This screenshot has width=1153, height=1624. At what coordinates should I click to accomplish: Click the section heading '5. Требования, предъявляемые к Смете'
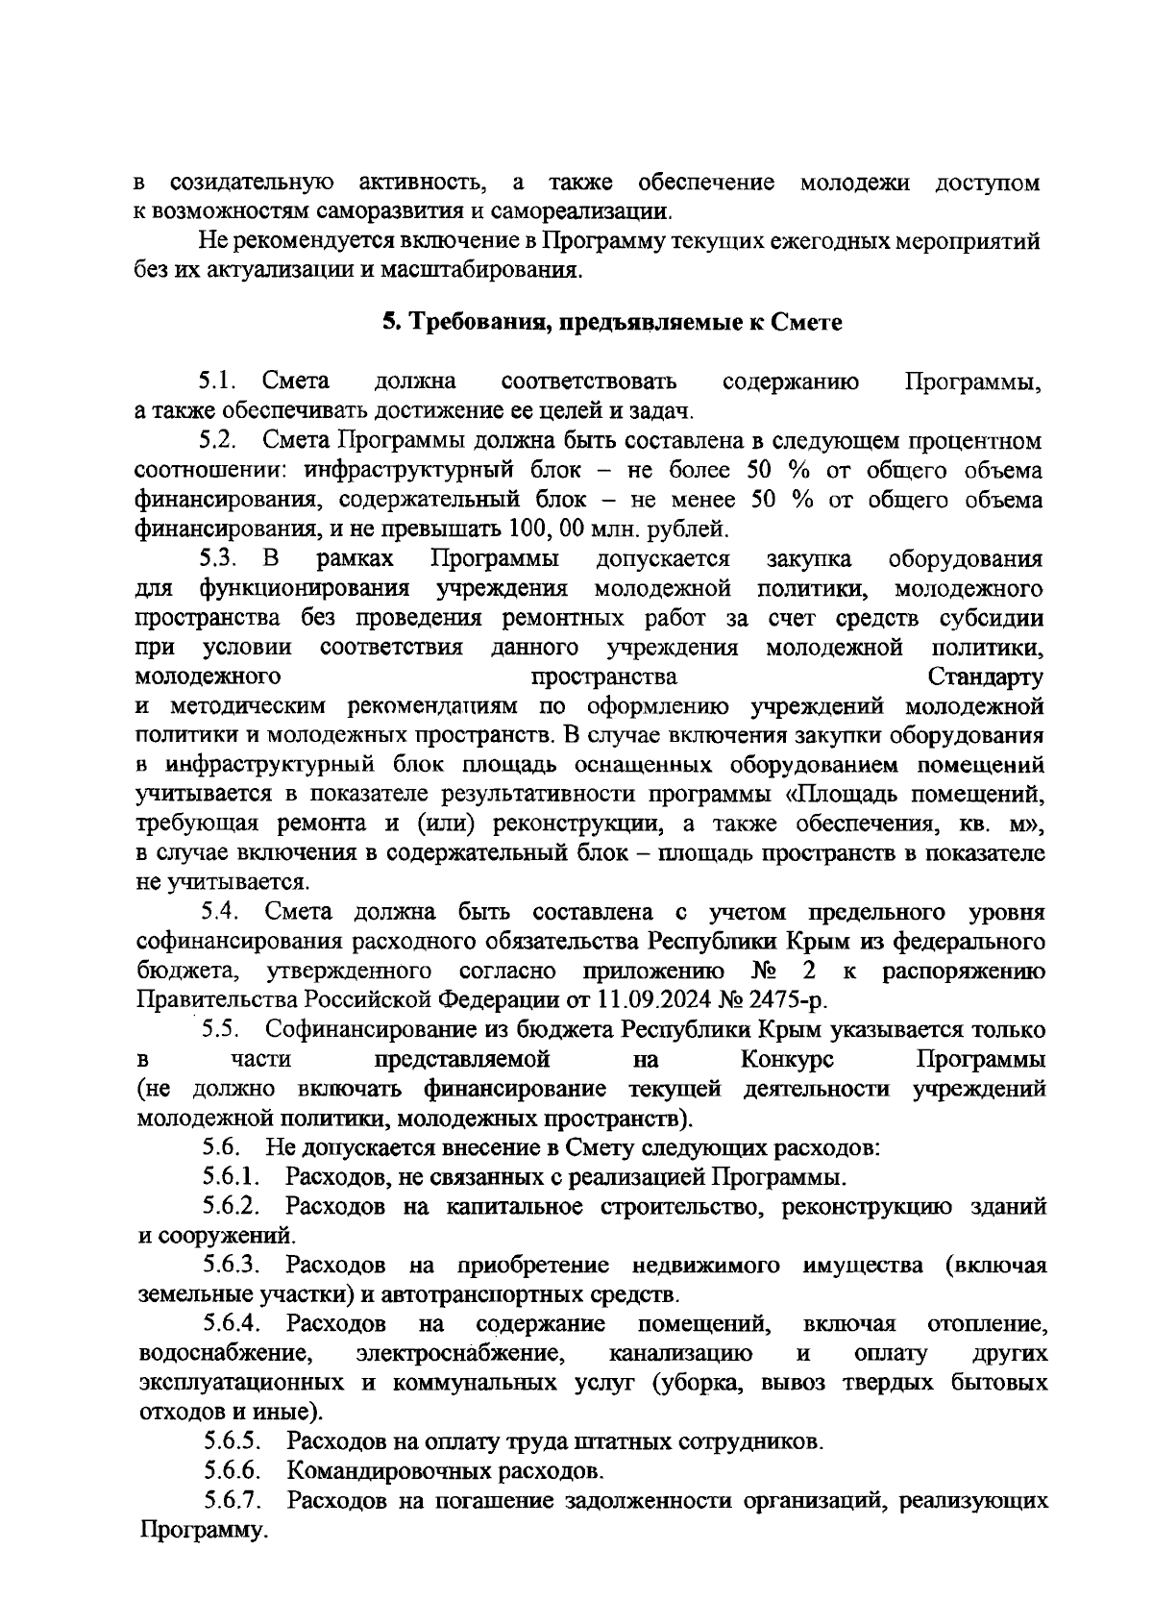[611, 323]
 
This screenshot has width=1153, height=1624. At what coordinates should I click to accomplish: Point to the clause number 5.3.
[218, 558]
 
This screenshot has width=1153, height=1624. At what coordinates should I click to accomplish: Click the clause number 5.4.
[219, 911]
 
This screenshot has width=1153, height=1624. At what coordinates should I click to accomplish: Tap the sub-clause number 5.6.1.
[232, 1176]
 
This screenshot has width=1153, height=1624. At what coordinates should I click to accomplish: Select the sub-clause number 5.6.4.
[232, 1324]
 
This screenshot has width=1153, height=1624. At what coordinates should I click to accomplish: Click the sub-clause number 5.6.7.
[232, 1500]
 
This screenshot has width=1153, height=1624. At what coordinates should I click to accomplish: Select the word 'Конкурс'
[787, 1059]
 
